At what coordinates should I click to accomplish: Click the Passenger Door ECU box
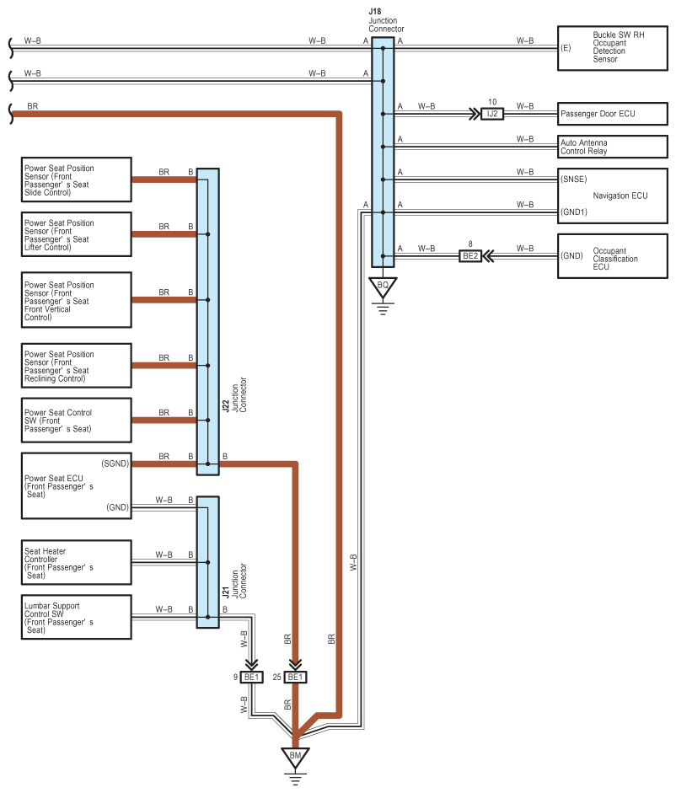[612, 114]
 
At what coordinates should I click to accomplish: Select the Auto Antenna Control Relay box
[612, 147]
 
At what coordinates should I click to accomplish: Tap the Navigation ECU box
[612, 196]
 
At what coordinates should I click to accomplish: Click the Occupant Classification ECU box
[612, 256]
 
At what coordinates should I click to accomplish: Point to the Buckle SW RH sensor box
[612, 48]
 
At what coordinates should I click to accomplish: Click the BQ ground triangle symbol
[383, 287]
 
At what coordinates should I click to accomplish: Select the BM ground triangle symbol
[296, 757]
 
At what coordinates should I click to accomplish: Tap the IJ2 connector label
[492, 114]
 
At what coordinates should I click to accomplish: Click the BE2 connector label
[470, 256]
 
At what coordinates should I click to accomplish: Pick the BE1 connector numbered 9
[251, 677]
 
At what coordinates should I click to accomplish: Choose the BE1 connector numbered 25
[295, 677]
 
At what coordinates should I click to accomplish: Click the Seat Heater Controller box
[77, 562]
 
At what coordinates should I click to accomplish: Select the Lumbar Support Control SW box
[77, 617]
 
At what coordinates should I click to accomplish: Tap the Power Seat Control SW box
[77, 421]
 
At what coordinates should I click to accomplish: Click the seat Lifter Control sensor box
[77, 234]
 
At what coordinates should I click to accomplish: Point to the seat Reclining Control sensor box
[77, 366]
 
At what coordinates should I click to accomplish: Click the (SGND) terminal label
[115, 463]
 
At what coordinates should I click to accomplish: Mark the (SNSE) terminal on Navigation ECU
[574, 179]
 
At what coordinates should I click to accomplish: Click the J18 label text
[375, 11]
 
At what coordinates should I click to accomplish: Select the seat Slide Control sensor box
[77, 179]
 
